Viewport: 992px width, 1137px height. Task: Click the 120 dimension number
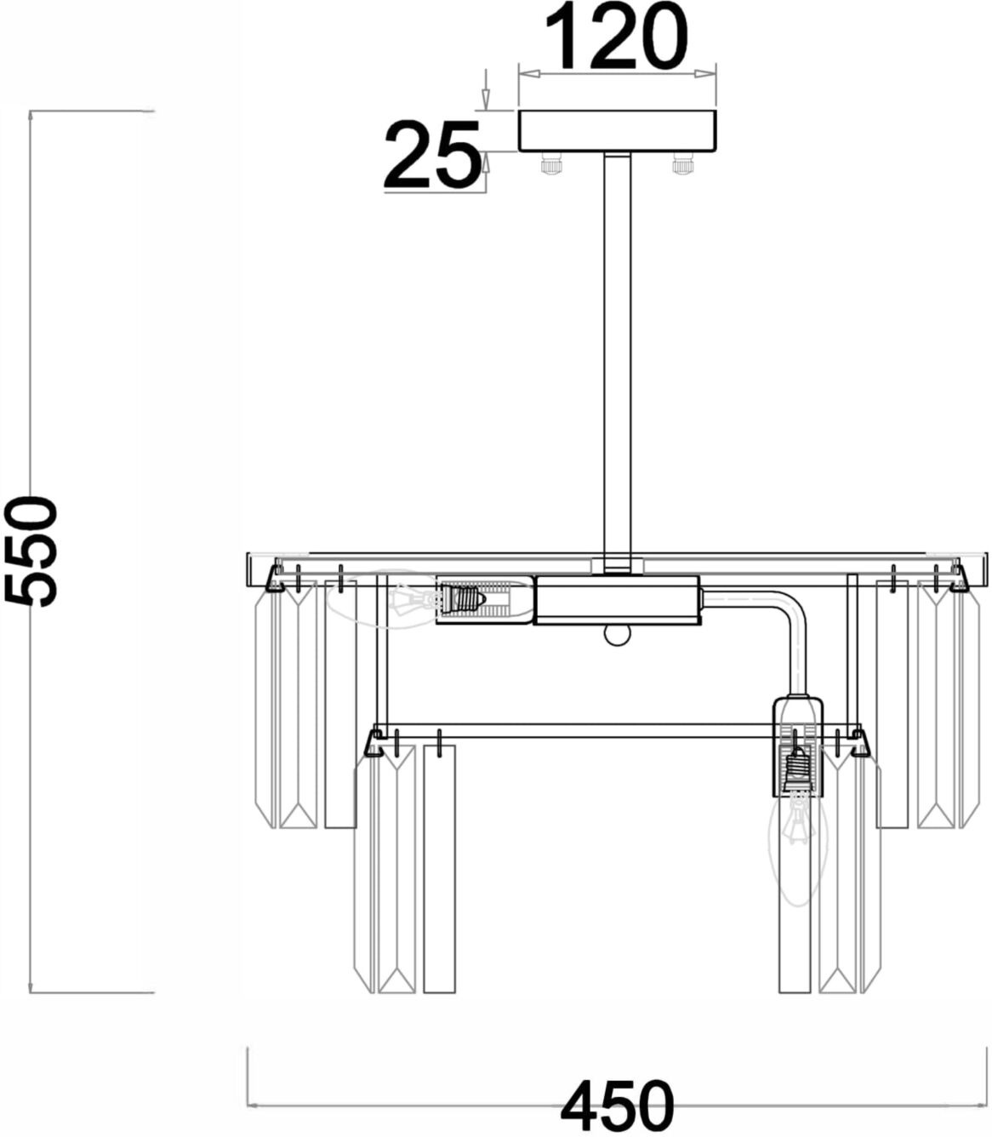617,36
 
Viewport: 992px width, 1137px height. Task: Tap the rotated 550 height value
31,550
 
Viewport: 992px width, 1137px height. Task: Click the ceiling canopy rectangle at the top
617,130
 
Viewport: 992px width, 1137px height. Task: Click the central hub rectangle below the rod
617,600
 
